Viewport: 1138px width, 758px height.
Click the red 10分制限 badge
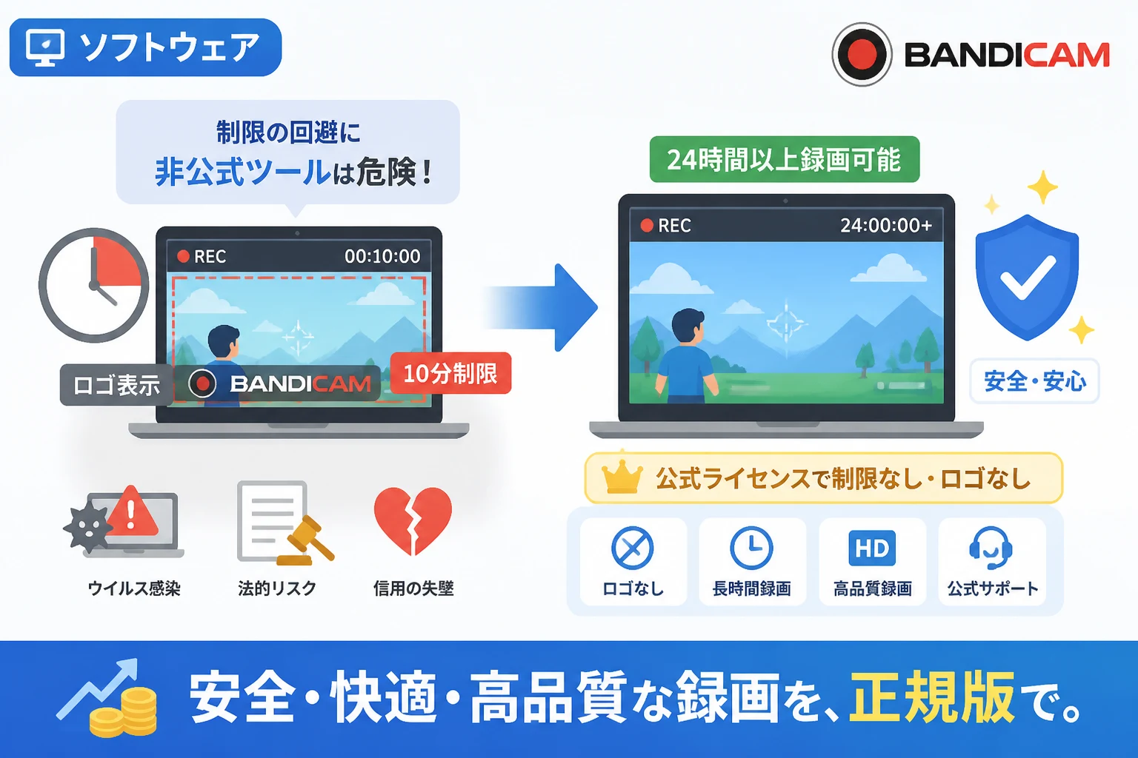[450, 373]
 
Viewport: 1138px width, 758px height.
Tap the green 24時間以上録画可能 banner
[785, 159]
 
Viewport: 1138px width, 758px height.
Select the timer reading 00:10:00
[382, 256]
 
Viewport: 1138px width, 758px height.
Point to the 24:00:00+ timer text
[886, 225]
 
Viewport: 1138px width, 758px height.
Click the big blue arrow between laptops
[544, 307]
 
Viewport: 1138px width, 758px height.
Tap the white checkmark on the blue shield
[1028, 277]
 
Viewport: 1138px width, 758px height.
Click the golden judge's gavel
[306, 542]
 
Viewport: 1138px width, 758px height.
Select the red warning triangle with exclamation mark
[132, 512]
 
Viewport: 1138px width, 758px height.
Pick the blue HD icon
[872, 548]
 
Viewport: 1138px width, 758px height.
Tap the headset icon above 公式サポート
[991, 548]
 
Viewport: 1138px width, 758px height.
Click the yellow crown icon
[622, 478]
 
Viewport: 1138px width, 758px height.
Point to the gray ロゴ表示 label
[116, 385]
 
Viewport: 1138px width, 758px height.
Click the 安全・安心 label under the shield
[1035, 381]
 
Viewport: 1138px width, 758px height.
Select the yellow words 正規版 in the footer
[931, 697]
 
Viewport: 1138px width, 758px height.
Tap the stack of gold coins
[124, 712]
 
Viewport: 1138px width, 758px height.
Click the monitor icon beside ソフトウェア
[45, 47]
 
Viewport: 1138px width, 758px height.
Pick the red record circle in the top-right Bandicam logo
[862, 54]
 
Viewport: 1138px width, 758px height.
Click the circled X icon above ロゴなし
[633, 548]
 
